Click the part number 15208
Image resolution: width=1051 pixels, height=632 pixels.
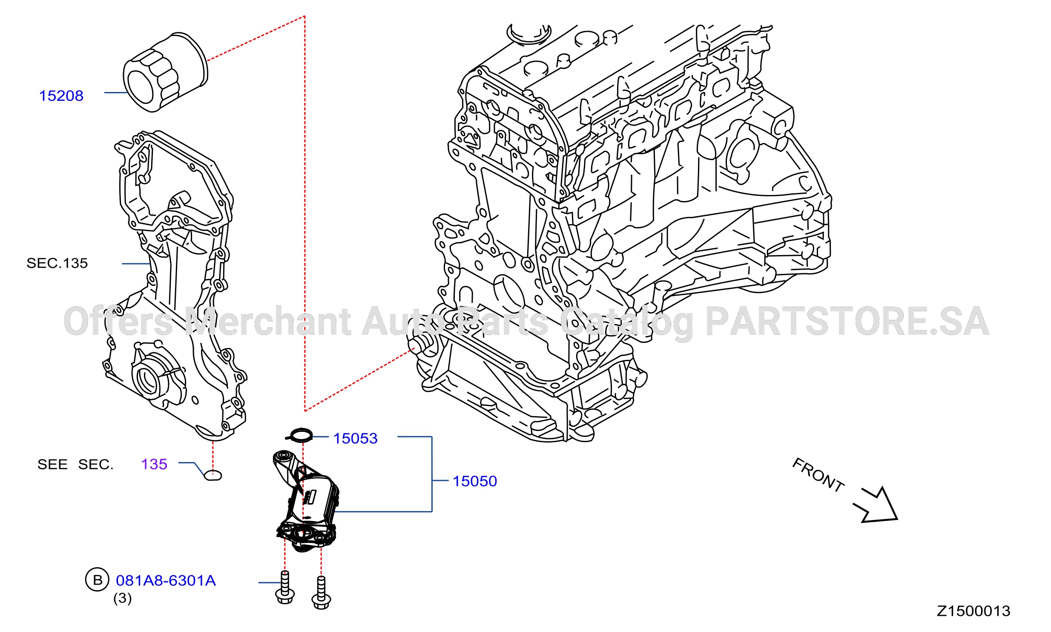coord(61,96)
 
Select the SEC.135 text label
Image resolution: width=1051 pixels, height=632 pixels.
coord(57,263)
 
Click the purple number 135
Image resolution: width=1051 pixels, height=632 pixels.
coord(154,464)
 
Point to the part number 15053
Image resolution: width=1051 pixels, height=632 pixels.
coord(356,438)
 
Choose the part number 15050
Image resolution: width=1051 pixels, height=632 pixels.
coord(475,481)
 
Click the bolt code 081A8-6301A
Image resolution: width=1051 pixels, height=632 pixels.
coord(166,580)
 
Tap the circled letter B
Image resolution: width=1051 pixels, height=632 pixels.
coord(98,580)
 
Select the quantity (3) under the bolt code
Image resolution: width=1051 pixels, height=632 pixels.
coord(123,598)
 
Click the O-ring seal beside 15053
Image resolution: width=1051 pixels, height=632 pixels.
coord(299,435)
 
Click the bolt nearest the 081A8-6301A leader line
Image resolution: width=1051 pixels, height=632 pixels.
coord(285,588)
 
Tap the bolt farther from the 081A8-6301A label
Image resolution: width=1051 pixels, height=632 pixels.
coord(322,593)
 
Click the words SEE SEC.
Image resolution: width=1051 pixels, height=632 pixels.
coord(75,464)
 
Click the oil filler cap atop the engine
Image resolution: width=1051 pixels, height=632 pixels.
coord(528,34)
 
